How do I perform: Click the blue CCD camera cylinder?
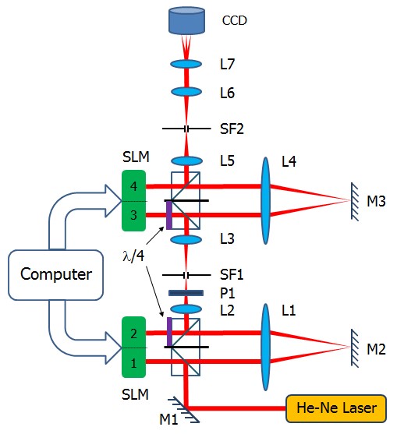[186, 21]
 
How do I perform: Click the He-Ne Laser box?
[336, 408]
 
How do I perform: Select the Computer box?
[56, 275]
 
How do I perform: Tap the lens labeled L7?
[186, 64]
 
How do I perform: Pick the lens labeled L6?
[186, 92]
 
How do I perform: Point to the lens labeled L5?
[186, 161]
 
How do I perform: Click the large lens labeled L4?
[265, 201]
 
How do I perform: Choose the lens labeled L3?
[186, 240]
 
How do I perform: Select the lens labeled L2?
[186, 309]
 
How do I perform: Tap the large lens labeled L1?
[265, 347]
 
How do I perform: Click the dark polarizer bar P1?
[186, 293]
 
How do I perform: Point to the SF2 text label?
[232, 129]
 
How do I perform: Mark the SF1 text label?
[232, 275]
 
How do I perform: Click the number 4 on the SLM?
[134, 186]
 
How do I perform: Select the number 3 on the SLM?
[134, 215]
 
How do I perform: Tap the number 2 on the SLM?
[134, 333]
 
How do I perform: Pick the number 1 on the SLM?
[134, 363]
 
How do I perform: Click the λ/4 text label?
[133, 256]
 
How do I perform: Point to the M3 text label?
[376, 201]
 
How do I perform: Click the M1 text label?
[168, 420]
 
